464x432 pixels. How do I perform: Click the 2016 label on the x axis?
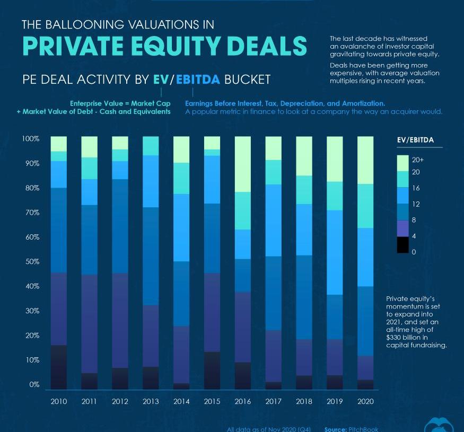tap(242, 401)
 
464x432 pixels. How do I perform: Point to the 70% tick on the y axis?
tap(30, 213)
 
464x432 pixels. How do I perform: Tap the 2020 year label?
tap(365, 401)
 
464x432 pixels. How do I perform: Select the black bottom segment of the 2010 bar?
tap(59, 367)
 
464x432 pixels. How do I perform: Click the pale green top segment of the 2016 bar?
tap(242, 164)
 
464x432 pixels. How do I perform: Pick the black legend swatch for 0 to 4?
tap(403, 244)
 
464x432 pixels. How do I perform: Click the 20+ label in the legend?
tap(418, 159)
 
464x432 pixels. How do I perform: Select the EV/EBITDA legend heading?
tap(415, 140)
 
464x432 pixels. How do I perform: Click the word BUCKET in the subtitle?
tap(247, 80)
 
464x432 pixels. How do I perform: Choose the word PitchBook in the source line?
tap(363, 429)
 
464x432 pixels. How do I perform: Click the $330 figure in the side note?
tap(396, 337)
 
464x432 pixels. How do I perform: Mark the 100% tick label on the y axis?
tap(30, 139)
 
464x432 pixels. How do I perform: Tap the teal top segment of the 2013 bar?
tap(151, 146)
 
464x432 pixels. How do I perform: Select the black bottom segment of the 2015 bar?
tap(212, 370)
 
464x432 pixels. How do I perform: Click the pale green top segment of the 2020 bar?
tap(365, 160)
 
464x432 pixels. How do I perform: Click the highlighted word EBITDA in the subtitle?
tap(198, 80)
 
